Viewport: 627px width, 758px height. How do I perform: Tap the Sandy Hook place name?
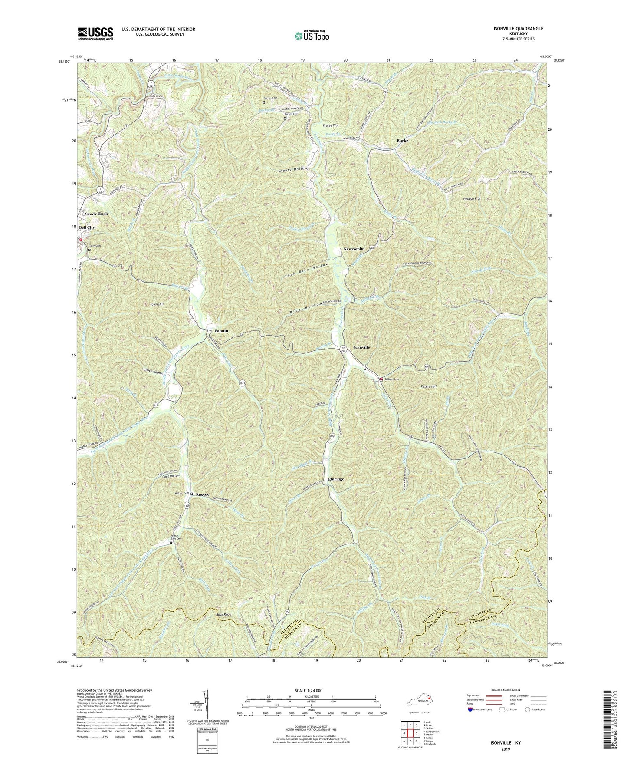[96, 214]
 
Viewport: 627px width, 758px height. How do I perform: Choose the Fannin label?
[220, 330]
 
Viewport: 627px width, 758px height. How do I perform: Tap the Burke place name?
[402, 141]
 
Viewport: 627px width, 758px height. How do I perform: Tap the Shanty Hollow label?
[291, 169]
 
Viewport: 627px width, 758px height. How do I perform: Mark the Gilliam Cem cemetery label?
[391, 379]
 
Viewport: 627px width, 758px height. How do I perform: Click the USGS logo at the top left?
[95, 33]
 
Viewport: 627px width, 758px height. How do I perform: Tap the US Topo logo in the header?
[311, 36]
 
